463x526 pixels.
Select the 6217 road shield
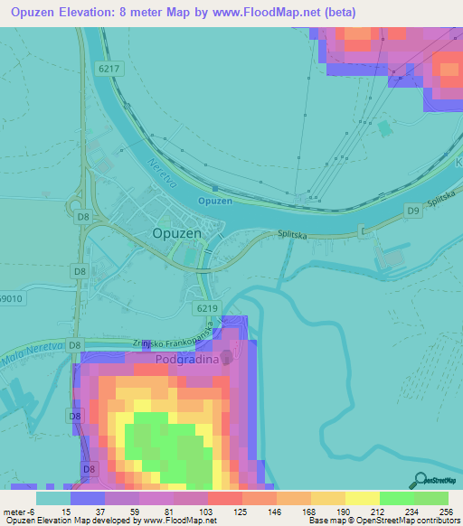(106, 67)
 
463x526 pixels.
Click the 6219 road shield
(204, 308)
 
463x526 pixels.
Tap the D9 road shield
(412, 211)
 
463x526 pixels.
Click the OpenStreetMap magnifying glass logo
(418, 478)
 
